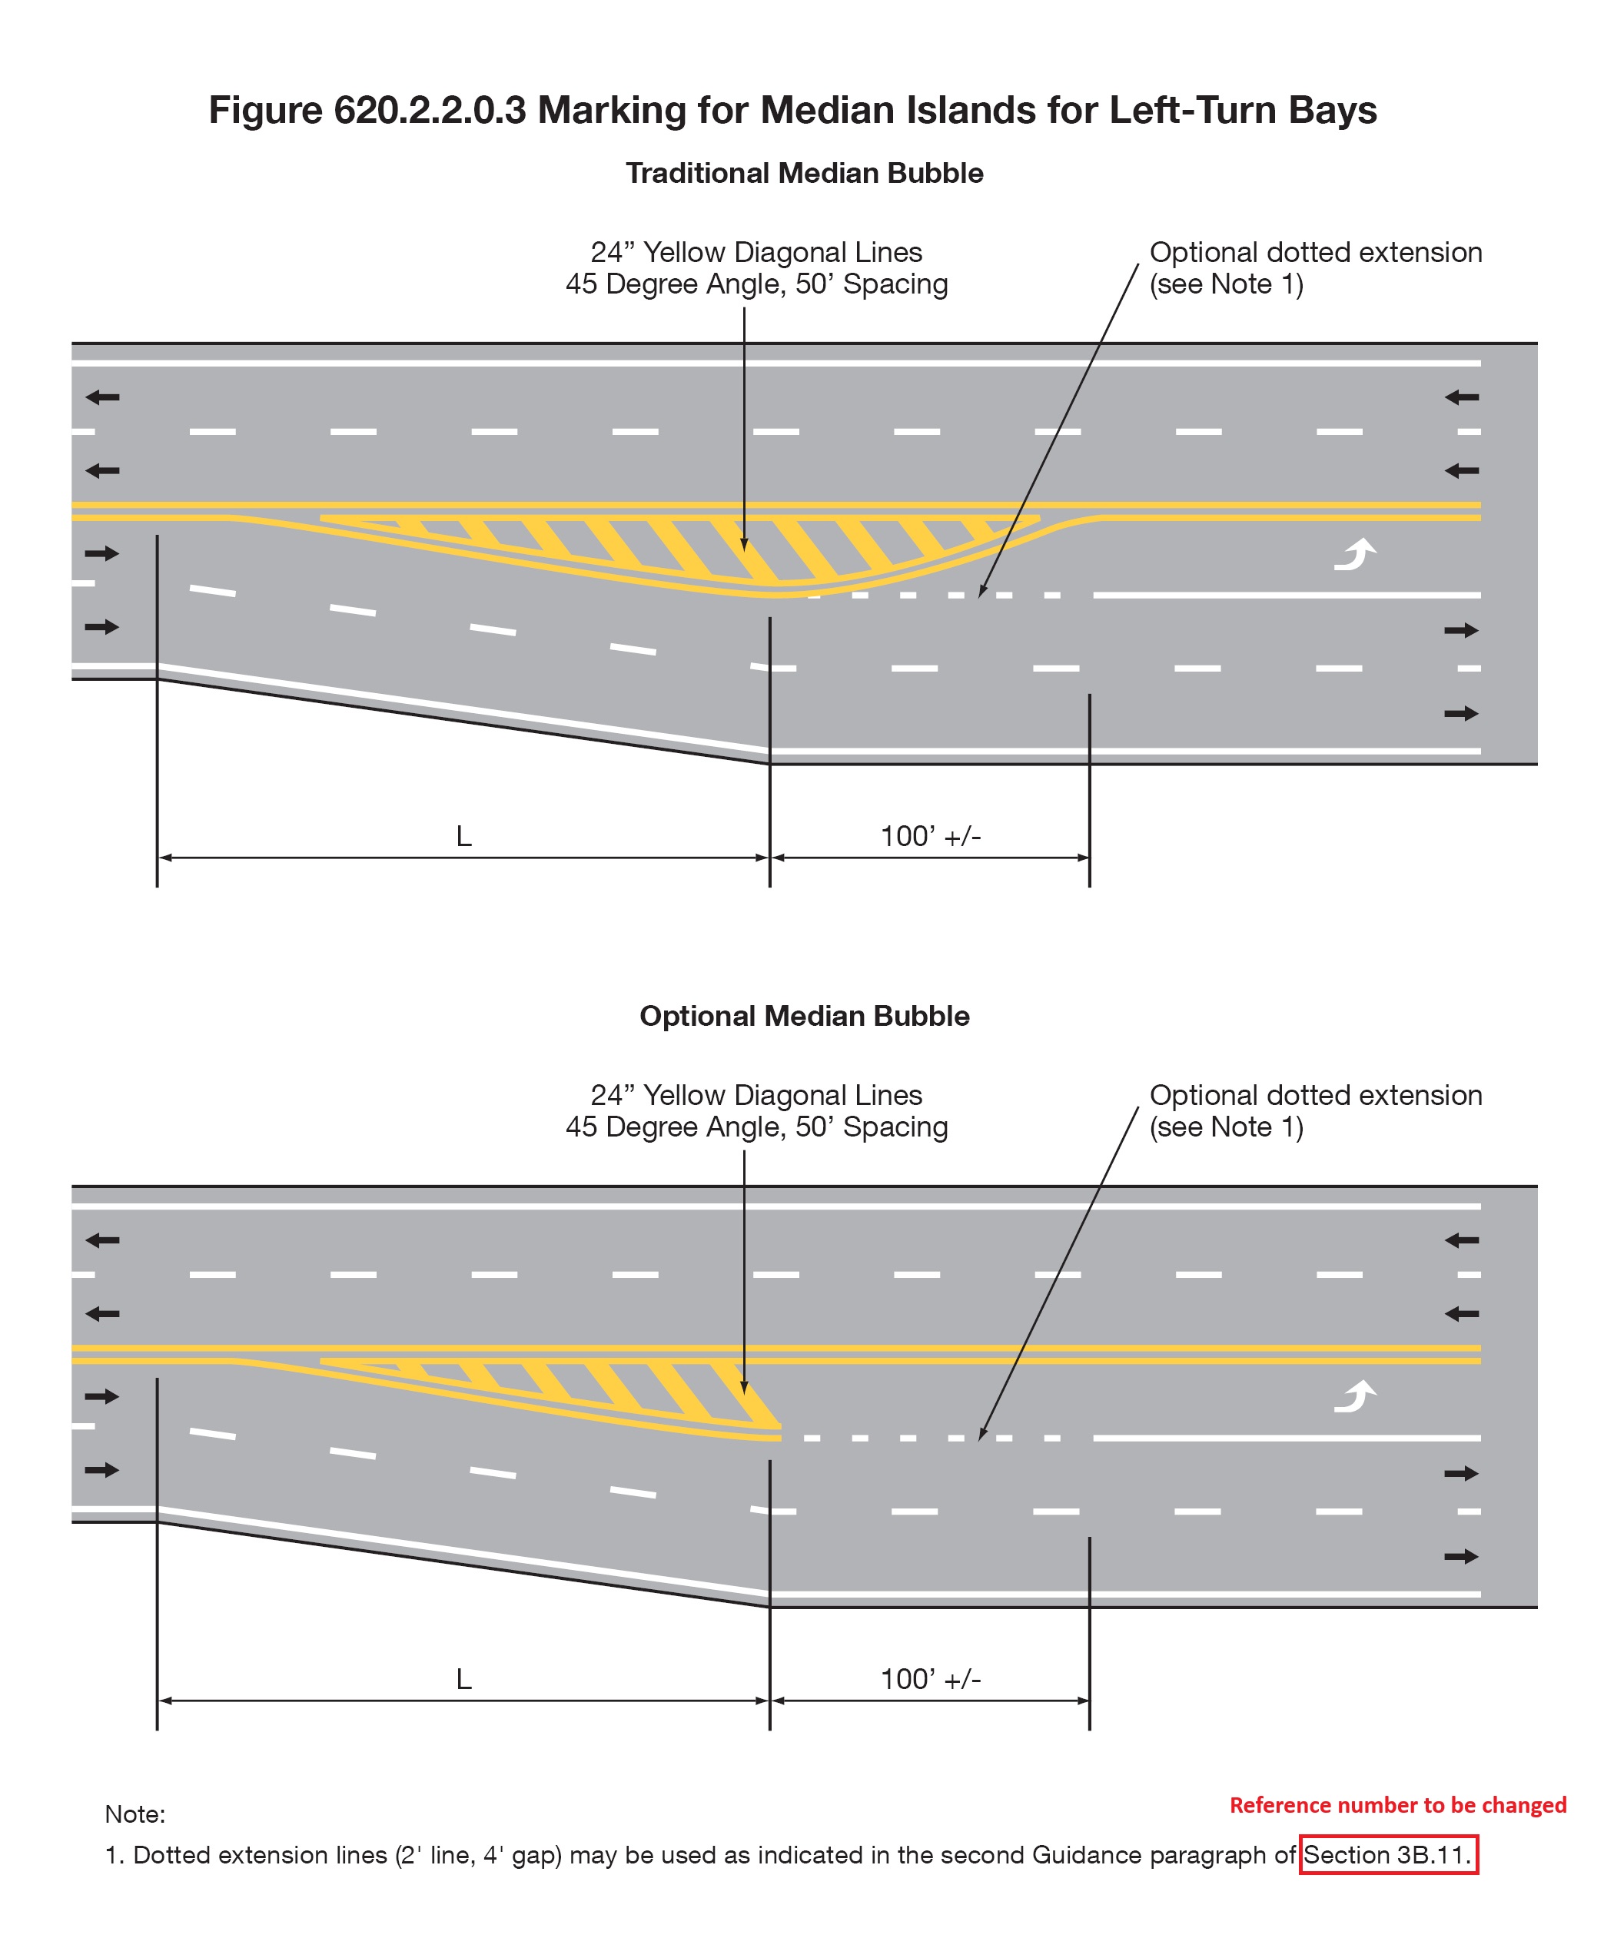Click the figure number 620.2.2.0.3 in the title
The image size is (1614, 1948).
430,111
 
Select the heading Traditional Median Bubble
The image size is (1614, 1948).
804,174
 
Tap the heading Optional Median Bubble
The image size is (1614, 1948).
804,1016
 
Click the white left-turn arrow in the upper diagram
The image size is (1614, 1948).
1355,554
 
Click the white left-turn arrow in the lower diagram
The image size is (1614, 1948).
1355,1396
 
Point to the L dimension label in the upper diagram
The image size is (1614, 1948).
463,837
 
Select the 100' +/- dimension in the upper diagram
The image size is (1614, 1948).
931,837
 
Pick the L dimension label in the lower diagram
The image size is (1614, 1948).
463,1679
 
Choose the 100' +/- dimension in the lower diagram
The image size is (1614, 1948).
931,1679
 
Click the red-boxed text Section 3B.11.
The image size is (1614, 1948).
1388,1854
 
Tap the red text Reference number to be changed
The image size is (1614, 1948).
1398,1804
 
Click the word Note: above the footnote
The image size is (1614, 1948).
135,1814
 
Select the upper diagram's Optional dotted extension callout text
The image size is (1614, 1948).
1315,268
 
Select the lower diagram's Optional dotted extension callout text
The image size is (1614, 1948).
1315,1110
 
